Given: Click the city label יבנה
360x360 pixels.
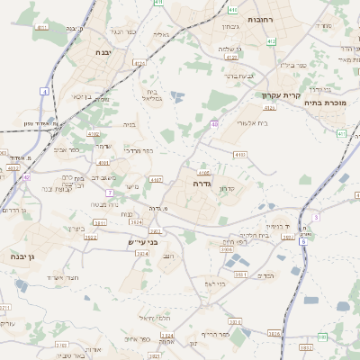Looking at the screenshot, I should click(102, 52).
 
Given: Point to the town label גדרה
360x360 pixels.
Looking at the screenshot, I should click(202, 183).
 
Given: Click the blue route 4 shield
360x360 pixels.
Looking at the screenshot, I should click(44, 91).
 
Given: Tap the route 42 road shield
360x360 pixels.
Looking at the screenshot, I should click(27, 177).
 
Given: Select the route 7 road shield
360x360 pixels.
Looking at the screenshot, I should click(110, 193).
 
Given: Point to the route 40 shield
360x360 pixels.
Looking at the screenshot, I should click(214, 123).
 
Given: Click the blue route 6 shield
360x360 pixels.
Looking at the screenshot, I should click(303, 241).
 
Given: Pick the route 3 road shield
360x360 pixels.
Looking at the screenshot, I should click(316, 217).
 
